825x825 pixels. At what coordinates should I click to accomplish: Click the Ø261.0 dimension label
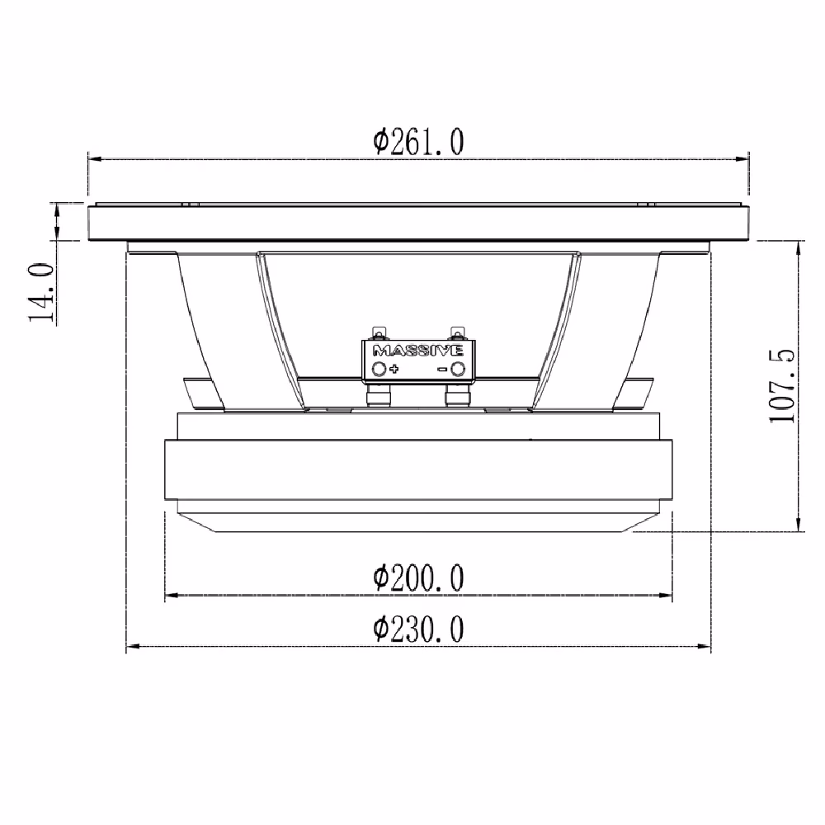tap(418, 142)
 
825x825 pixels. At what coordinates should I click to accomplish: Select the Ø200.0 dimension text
tap(418, 577)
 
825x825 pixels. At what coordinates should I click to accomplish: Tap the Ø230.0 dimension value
tap(418, 629)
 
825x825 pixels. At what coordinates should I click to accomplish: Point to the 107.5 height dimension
tap(781, 385)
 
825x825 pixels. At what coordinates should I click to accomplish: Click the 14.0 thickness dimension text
tap(41, 293)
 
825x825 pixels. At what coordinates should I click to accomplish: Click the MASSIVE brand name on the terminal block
tap(417, 351)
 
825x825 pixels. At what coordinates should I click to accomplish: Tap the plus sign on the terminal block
tap(394, 368)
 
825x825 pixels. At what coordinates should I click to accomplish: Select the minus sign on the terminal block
tap(442, 370)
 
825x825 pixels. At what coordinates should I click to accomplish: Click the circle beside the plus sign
tap(379, 368)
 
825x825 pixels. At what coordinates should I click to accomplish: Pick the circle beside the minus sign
tap(458, 369)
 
